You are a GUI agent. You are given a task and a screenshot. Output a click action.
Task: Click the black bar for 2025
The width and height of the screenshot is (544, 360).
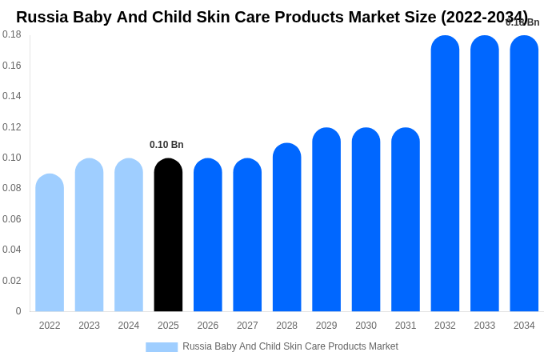click(x=168, y=235)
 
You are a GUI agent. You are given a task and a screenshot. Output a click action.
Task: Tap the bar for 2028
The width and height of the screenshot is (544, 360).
click(x=286, y=227)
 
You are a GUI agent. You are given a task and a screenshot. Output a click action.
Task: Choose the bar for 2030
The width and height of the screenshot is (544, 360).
click(x=366, y=220)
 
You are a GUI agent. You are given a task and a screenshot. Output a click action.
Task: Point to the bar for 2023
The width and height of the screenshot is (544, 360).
click(x=89, y=235)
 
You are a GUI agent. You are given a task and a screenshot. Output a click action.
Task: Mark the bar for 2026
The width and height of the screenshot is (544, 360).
click(x=207, y=235)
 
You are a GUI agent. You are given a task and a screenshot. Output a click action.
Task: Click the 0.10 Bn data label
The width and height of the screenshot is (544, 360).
click(x=166, y=145)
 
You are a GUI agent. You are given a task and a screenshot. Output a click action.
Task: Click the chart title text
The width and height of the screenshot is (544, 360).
click(x=272, y=17)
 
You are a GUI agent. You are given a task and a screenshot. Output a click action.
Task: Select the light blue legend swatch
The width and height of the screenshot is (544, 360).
click(x=162, y=346)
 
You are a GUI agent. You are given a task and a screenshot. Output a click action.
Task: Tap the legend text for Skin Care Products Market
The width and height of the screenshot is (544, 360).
click(x=290, y=346)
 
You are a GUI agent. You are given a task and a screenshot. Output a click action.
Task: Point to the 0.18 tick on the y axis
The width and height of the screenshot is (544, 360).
click(x=12, y=34)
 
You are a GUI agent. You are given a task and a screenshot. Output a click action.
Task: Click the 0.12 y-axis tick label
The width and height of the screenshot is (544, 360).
click(x=12, y=126)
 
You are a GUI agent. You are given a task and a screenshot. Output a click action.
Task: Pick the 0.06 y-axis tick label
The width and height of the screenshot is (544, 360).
click(x=12, y=219)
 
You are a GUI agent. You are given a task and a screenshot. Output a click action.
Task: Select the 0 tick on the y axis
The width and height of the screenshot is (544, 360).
click(x=18, y=311)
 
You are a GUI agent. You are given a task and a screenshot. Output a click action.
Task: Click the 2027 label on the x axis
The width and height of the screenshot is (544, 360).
click(x=247, y=326)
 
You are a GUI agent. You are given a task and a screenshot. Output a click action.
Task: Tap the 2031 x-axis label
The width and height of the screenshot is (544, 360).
click(x=406, y=326)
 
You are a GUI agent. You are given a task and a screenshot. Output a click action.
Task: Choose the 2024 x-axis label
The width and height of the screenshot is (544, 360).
click(x=129, y=326)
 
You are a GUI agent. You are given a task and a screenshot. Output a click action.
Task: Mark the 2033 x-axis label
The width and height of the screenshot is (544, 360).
click(x=485, y=326)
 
